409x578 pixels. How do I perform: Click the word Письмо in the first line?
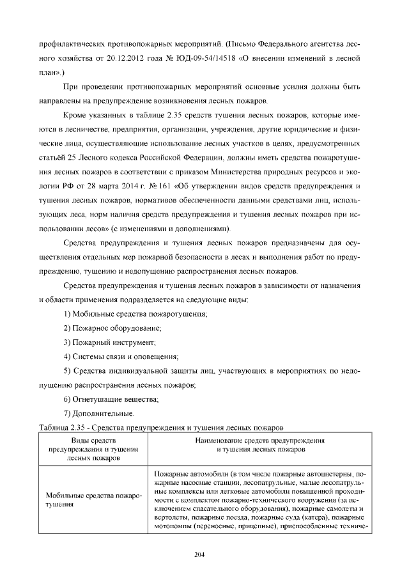point(242,44)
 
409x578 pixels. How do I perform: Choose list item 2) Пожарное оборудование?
point(112,328)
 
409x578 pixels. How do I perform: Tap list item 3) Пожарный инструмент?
point(110,342)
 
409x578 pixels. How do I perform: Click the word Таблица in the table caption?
point(54,427)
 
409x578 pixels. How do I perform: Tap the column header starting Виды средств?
point(94,450)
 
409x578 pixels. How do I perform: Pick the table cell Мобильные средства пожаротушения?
point(94,500)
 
